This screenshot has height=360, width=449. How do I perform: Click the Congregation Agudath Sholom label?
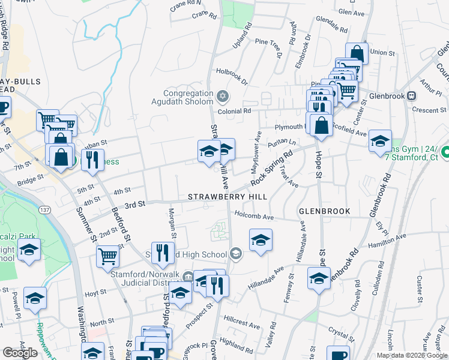click(x=189, y=97)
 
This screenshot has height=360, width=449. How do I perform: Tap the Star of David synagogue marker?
click(x=223, y=96)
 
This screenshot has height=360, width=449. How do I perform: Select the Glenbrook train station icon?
click(x=412, y=95)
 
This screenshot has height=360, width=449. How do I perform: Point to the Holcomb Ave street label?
click(x=254, y=216)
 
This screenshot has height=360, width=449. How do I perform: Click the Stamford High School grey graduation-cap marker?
click(x=236, y=254)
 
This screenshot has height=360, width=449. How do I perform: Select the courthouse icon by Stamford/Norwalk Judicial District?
click(x=188, y=277)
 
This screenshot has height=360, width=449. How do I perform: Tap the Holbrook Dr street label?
click(x=232, y=75)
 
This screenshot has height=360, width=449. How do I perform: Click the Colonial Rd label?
click(x=235, y=110)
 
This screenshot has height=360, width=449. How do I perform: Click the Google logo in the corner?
click(x=20, y=353)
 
